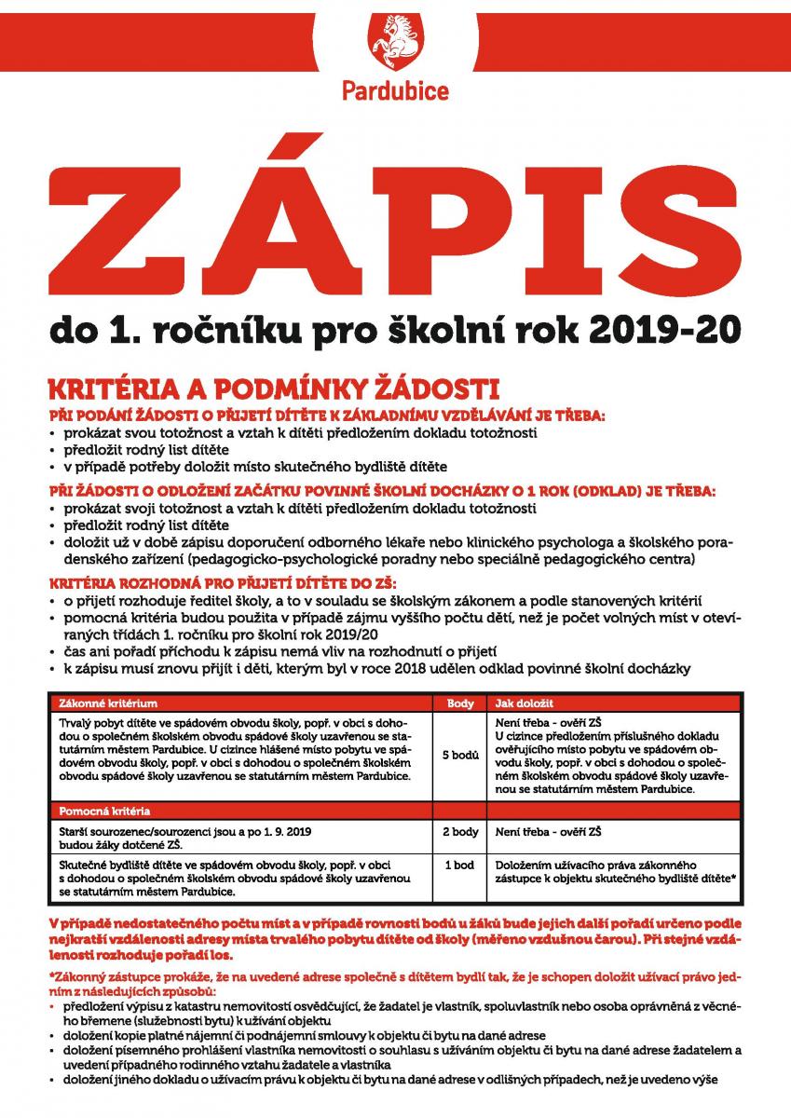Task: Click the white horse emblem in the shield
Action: point(395,42)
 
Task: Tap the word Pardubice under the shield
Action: point(395,91)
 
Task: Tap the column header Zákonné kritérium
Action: point(107,703)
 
